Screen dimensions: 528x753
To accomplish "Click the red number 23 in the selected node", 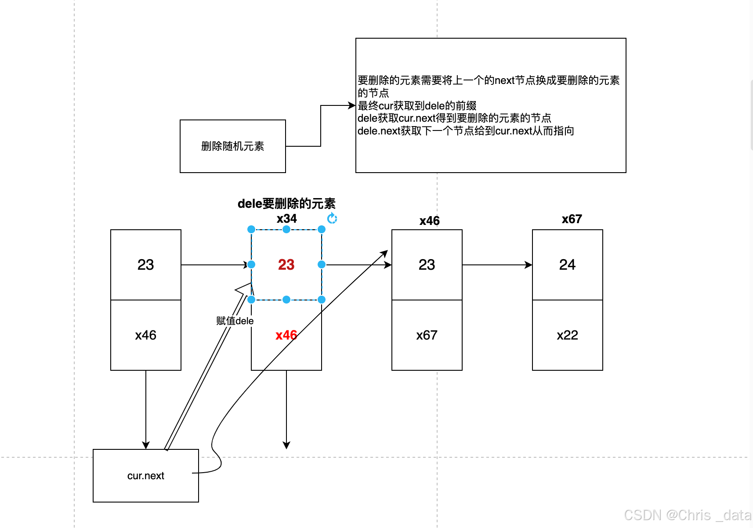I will point(286,264).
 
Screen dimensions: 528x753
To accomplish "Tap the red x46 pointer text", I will point(286,335).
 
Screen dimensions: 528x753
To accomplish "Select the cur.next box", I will point(145,475).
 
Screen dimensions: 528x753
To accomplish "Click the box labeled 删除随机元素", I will point(232,146).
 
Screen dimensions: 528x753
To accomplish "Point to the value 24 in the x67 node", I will point(567,264).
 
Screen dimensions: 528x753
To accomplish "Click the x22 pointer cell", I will point(567,335).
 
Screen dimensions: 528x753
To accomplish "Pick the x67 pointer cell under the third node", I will point(427,335).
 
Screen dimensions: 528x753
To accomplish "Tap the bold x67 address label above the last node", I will point(572,219).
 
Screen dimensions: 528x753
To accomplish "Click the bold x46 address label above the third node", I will point(429,221).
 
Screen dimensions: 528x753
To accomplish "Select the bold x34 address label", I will point(286,218).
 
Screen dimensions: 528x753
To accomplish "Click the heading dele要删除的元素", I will point(286,203).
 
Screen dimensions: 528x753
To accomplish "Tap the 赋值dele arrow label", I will point(235,321).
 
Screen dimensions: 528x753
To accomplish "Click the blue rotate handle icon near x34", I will point(332,218).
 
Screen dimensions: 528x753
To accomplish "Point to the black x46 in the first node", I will point(145,335).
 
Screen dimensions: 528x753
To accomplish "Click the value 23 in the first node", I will point(145,264).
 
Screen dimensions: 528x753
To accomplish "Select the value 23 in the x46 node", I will point(427,264).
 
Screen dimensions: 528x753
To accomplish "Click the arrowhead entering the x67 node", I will point(529,265).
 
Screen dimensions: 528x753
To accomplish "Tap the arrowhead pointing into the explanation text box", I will point(352,105).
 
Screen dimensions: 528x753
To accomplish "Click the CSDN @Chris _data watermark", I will point(688,515).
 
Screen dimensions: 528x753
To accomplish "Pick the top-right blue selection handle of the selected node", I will point(322,229).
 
